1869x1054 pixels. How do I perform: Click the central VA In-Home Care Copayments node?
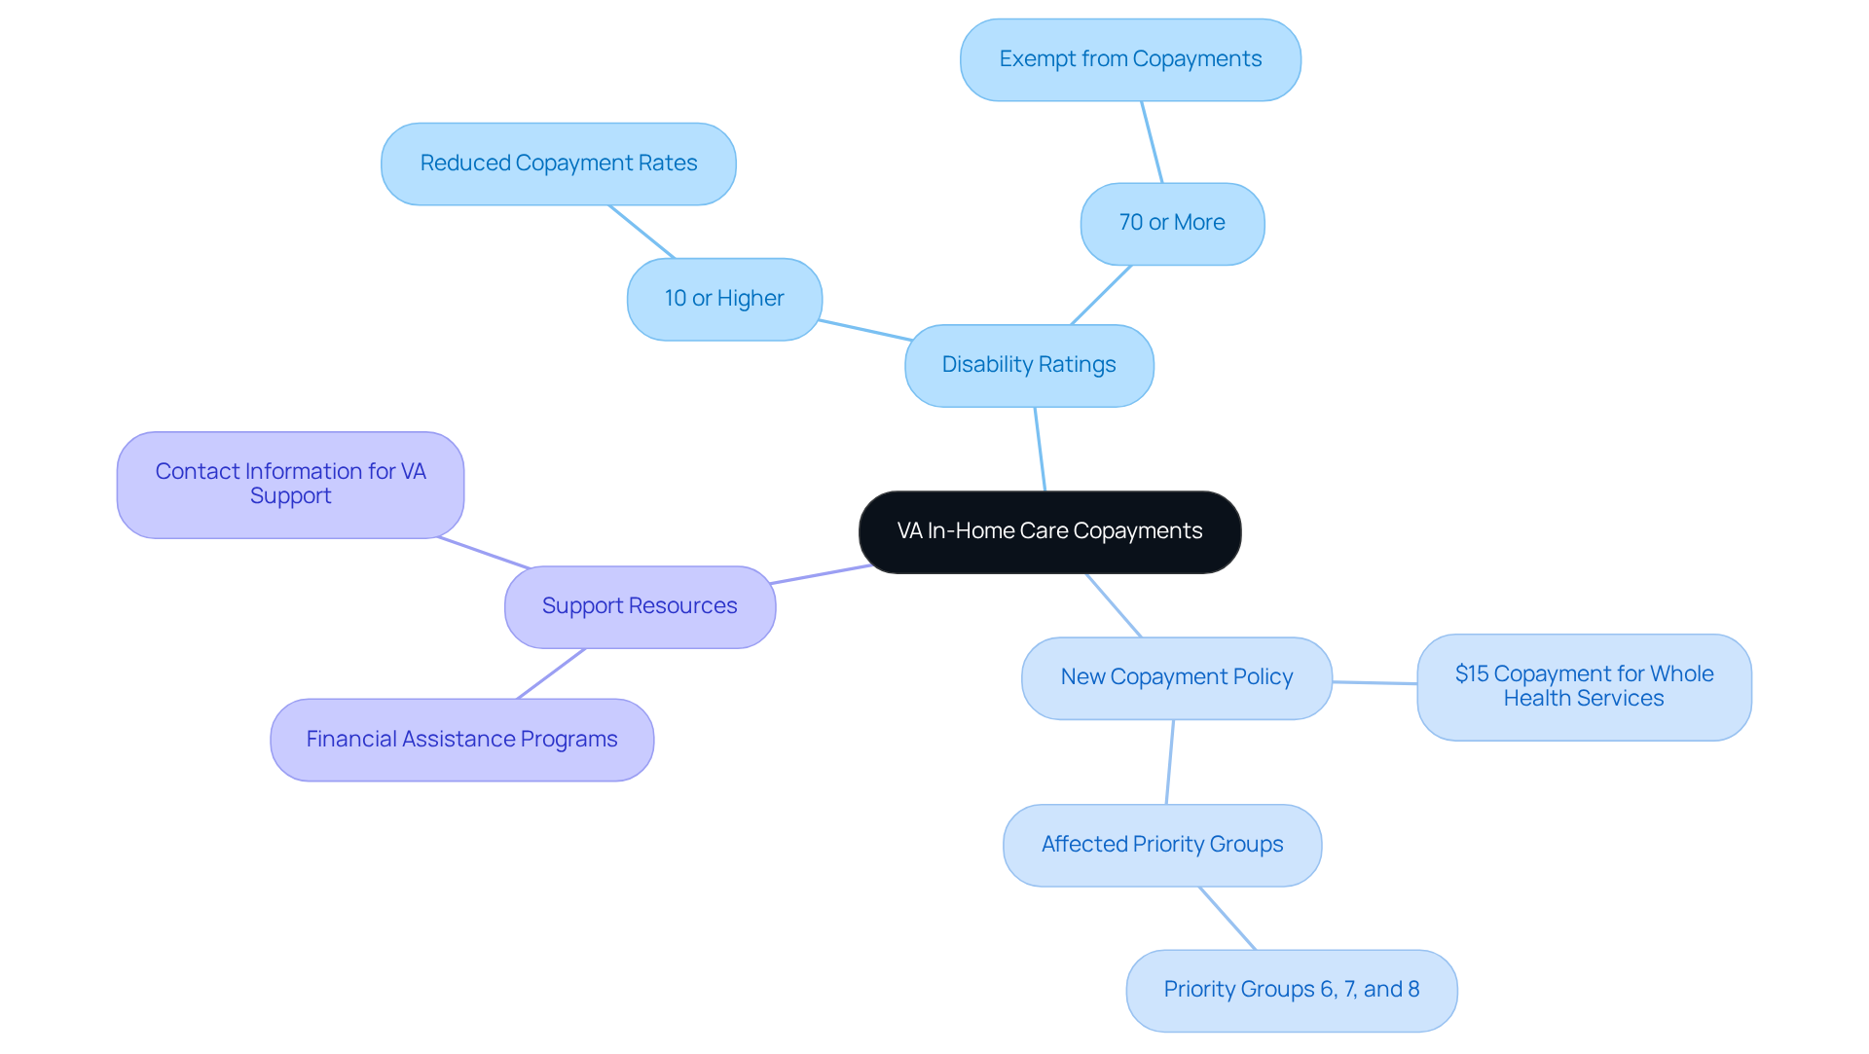click(x=1049, y=531)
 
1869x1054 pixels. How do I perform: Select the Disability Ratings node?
click(x=1029, y=365)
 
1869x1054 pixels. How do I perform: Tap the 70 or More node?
click(x=1172, y=223)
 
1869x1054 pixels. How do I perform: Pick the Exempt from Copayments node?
click(x=1130, y=59)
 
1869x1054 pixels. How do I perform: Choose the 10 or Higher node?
click(x=724, y=299)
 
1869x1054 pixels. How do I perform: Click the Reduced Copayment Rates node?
click(x=558, y=164)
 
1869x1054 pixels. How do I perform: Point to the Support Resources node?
click(x=640, y=606)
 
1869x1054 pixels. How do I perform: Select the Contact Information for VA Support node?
click(x=290, y=484)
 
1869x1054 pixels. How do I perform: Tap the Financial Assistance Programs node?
click(x=461, y=740)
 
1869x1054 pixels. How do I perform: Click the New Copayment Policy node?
click(x=1176, y=677)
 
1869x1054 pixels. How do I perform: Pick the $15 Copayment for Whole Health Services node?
click(x=1584, y=686)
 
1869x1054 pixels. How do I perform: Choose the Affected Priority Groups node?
click(x=1162, y=845)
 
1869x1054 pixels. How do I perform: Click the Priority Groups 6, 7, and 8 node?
click(x=1291, y=990)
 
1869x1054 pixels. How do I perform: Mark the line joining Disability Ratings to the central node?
click(x=1040, y=449)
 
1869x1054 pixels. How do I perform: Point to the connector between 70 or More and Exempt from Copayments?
click(x=1152, y=142)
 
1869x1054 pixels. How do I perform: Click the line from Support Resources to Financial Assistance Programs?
click(x=551, y=673)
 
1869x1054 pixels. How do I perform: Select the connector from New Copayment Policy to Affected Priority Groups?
click(x=1170, y=762)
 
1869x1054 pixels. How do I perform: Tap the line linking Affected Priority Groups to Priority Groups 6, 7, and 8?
click(x=1228, y=918)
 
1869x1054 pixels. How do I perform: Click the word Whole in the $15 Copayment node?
click(x=1681, y=673)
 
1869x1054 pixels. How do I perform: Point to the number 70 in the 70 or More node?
click(x=1131, y=223)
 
